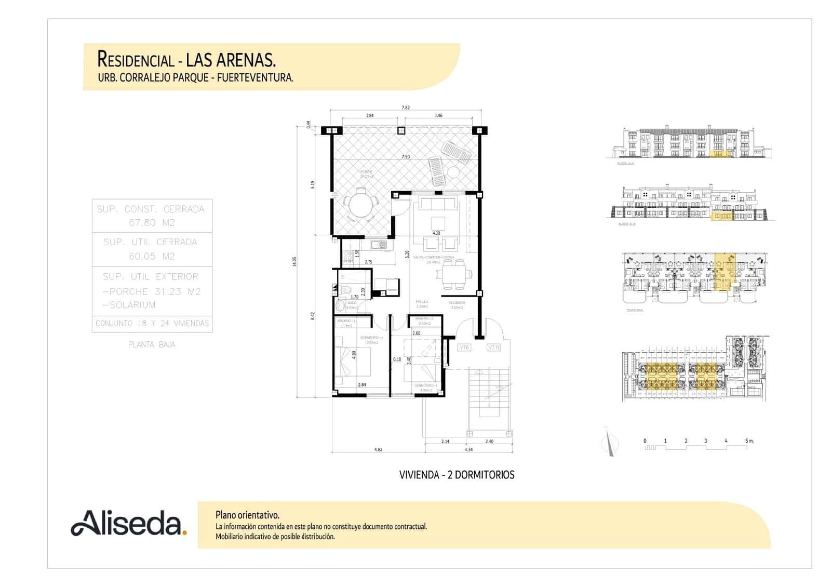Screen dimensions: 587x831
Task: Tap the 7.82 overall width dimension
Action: pyautogui.click(x=406, y=108)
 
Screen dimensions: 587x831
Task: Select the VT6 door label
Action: pyautogui.click(x=464, y=348)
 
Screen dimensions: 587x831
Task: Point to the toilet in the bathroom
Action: pyautogui.click(x=347, y=288)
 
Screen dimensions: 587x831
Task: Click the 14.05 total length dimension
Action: pyautogui.click(x=294, y=262)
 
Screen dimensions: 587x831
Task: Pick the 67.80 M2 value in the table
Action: pyautogui.click(x=152, y=223)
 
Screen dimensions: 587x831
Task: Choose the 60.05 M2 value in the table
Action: pyautogui.click(x=152, y=256)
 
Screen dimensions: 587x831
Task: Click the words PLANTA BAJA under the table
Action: pyautogui.click(x=152, y=344)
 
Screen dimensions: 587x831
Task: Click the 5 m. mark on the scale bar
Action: pyautogui.click(x=748, y=441)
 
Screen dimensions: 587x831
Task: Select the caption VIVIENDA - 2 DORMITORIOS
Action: pyautogui.click(x=457, y=475)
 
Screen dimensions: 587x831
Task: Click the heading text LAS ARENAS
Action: pyautogui.click(x=231, y=60)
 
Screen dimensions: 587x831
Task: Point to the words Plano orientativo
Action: pyautogui.click(x=247, y=515)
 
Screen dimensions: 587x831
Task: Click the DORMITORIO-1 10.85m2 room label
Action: pyautogui.click(x=371, y=340)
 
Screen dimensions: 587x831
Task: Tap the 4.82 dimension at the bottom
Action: pyautogui.click(x=378, y=449)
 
